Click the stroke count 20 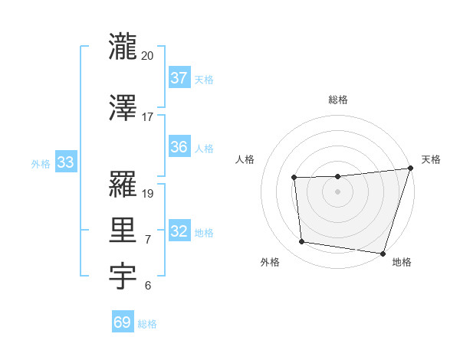[x=147, y=55]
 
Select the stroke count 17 [x=147, y=117]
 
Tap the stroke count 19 [x=148, y=194]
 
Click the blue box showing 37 [x=179, y=77]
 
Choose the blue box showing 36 [x=179, y=147]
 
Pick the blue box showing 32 [x=179, y=231]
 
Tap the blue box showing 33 [x=65, y=162]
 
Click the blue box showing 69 [x=123, y=322]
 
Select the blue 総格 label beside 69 [x=147, y=324]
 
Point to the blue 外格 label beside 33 [x=41, y=163]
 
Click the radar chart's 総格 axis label [x=337, y=100]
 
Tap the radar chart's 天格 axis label [x=431, y=159]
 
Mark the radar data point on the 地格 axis [x=383, y=253]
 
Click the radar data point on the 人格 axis [x=294, y=178]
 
